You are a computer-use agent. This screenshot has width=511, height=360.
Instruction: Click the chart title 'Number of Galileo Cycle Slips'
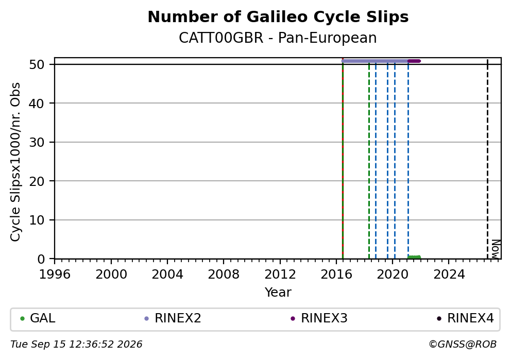click(x=278, y=17)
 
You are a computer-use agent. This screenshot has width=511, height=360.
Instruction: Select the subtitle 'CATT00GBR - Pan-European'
click(x=278, y=38)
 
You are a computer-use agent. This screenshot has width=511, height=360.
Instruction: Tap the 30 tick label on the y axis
click(x=37, y=142)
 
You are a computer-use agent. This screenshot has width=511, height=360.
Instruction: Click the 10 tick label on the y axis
click(x=37, y=220)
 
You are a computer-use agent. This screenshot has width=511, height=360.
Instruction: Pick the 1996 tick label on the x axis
click(x=55, y=275)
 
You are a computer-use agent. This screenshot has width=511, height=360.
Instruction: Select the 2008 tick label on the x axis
click(x=224, y=275)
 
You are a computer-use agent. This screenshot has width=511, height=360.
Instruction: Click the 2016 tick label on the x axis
click(x=336, y=275)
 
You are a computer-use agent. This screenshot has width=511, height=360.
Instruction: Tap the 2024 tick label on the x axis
click(x=449, y=275)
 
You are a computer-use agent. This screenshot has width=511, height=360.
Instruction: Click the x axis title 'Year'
click(x=278, y=292)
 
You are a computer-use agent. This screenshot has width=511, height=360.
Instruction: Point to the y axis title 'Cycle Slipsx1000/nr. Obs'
click(x=15, y=162)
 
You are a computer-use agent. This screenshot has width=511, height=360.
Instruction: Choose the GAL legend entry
click(x=38, y=318)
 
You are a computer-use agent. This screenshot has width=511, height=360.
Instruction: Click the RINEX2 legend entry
click(x=173, y=318)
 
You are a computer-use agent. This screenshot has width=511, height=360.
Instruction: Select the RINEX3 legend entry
click(x=319, y=318)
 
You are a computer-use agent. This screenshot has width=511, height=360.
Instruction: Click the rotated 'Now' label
click(x=496, y=249)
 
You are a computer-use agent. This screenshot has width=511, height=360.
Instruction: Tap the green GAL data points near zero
click(x=414, y=258)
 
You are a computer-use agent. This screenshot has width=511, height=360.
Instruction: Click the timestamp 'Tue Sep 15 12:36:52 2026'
click(x=76, y=345)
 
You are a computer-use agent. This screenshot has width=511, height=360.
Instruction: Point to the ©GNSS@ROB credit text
click(x=463, y=345)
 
